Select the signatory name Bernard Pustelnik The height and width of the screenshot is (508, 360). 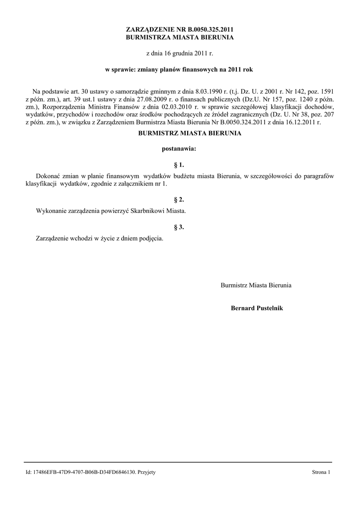coord(256,308)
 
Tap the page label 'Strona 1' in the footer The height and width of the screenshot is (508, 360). coord(321,472)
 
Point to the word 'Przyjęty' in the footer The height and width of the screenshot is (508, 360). coord(146,472)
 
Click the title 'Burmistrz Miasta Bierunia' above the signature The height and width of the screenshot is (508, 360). coord(256,285)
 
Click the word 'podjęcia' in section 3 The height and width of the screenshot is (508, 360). coord(150,239)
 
